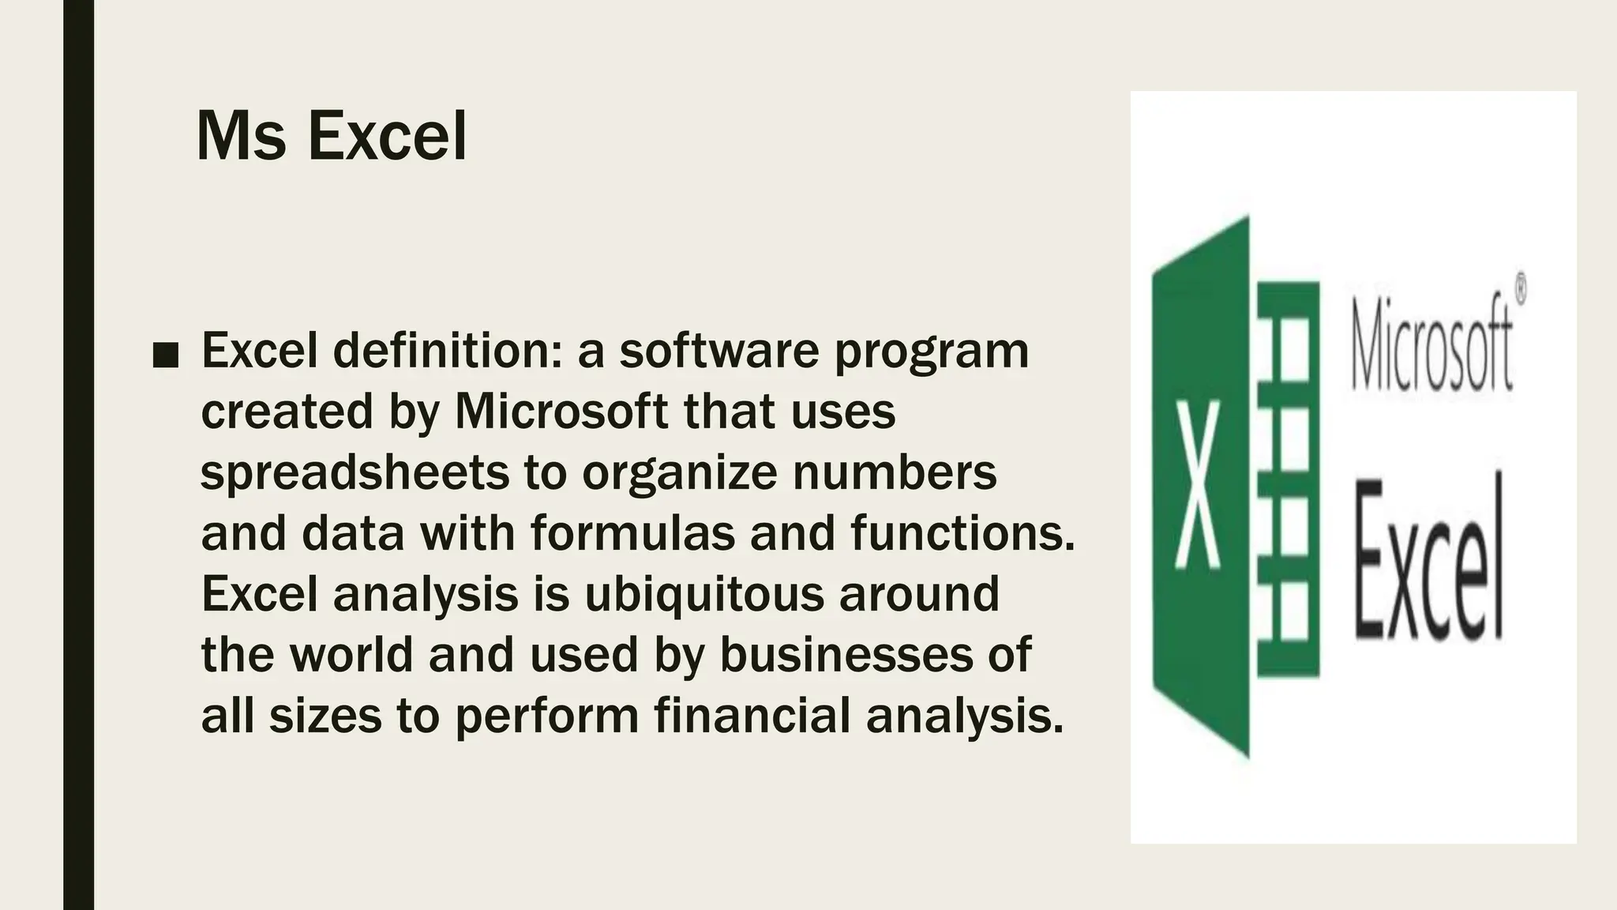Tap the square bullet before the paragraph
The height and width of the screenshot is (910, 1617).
(165, 356)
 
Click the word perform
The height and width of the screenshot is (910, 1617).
(547, 716)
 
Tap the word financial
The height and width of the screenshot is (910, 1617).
(752, 714)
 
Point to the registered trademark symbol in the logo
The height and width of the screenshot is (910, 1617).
(1520, 288)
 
